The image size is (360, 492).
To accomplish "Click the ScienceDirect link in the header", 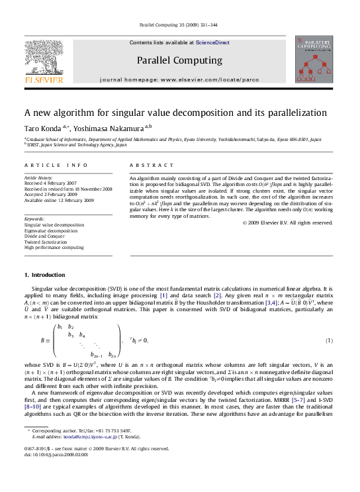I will click(x=212, y=42).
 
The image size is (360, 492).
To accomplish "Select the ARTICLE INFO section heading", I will click(x=56, y=165).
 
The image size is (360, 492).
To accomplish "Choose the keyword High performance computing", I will click(x=54, y=247).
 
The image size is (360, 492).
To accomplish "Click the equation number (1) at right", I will click(x=328, y=340).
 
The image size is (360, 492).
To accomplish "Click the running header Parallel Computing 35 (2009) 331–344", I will click(x=179, y=25).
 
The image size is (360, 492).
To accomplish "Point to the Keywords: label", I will click(x=34, y=219).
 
